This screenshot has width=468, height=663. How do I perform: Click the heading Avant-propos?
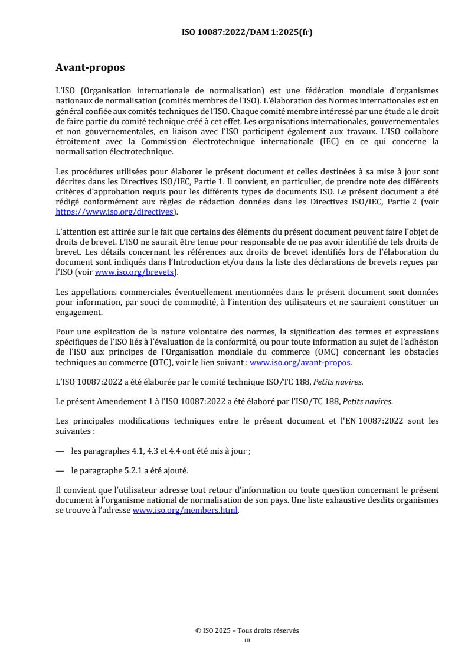(90, 68)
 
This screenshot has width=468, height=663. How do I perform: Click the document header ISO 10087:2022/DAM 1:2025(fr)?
(246, 32)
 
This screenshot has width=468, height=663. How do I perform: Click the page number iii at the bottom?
(247, 639)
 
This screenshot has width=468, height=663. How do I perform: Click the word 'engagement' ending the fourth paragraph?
(78, 313)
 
